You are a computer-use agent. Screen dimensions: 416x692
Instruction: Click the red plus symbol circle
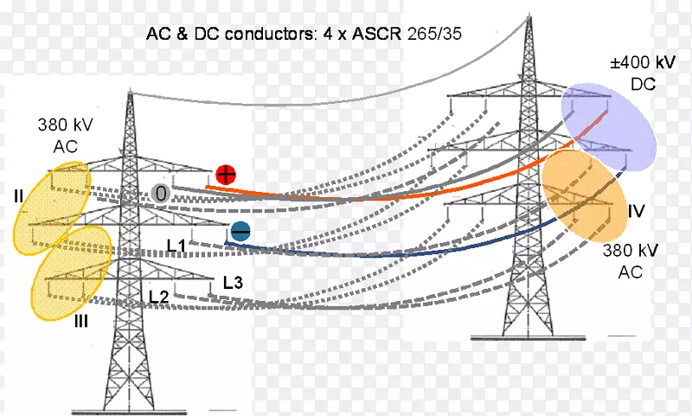point(226,174)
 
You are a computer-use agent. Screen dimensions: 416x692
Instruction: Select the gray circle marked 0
point(159,194)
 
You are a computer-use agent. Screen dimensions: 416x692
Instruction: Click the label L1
point(177,246)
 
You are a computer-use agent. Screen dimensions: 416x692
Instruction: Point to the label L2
point(157,297)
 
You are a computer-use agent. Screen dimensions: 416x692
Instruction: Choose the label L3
point(233,281)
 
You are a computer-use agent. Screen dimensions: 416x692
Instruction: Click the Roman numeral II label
point(18,196)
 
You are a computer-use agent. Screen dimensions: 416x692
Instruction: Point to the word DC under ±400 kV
point(644,85)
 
